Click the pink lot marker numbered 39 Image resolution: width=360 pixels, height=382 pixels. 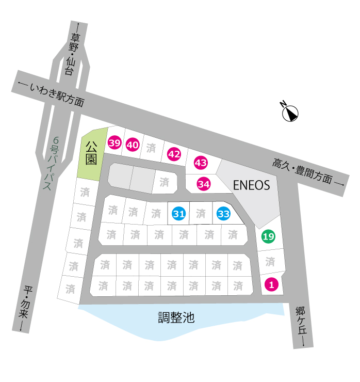click(x=114, y=143)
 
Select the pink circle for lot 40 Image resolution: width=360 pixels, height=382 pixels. click(x=133, y=145)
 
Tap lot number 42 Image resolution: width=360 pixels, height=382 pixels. click(x=174, y=154)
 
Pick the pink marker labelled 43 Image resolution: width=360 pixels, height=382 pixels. click(x=201, y=163)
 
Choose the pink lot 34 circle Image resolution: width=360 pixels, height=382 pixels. click(x=204, y=184)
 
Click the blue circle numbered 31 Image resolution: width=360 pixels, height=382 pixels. click(x=179, y=214)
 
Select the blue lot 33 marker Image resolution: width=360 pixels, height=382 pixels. click(x=224, y=214)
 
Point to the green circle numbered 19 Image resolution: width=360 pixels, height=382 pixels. click(x=269, y=236)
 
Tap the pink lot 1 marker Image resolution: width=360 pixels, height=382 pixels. click(x=271, y=284)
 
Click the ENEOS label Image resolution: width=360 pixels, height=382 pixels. click(x=252, y=185)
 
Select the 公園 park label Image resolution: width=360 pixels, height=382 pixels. click(x=91, y=153)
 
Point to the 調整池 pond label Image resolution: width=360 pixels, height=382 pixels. click(x=176, y=317)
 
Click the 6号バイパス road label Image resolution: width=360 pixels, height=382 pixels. click(x=52, y=163)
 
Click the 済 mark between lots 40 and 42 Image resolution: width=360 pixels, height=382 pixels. click(x=151, y=148)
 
